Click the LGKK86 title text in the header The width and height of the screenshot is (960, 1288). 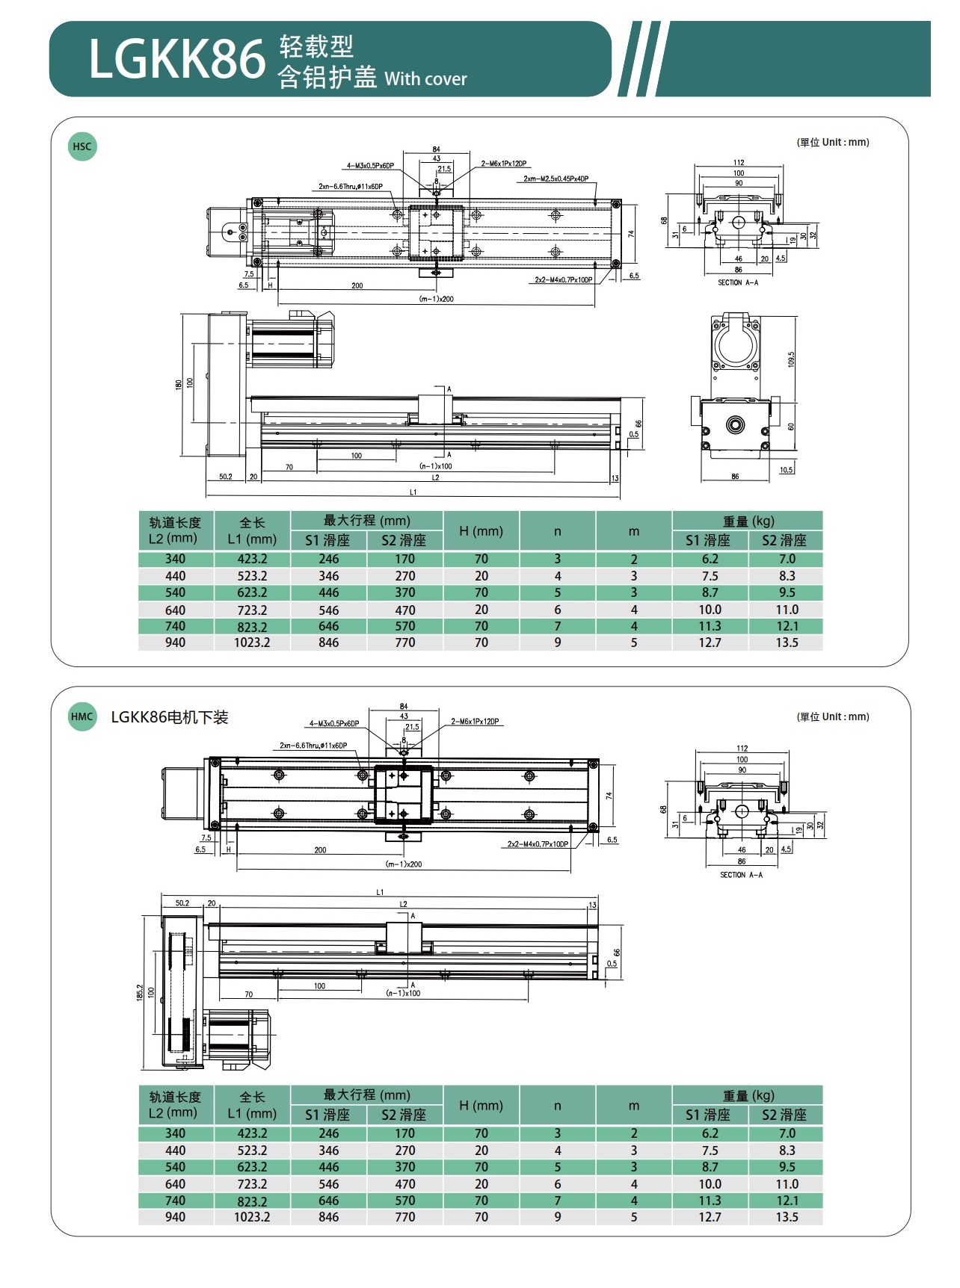[177, 59]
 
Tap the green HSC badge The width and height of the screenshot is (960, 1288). [82, 146]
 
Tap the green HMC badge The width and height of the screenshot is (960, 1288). [82, 716]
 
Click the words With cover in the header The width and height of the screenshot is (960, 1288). [425, 79]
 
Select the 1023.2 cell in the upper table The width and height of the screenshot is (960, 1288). [252, 643]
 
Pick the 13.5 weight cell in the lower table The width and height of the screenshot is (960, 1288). [787, 1217]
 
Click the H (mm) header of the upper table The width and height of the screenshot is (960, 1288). [481, 531]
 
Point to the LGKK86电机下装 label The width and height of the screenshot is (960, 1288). [170, 717]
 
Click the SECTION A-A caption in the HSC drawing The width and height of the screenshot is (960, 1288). [738, 282]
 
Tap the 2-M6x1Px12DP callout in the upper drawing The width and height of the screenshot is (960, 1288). [503, 164]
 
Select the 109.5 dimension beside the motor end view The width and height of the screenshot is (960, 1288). [791, 359]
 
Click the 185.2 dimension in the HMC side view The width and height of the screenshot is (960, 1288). [140, 992]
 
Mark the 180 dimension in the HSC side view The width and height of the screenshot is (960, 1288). [179, 384]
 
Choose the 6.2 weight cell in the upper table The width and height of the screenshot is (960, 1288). [710, 559]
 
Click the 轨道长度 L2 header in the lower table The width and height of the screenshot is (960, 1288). [175, 1105]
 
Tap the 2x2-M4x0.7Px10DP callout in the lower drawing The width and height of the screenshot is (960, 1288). [538, 844]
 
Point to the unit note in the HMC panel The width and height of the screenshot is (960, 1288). [833, 716]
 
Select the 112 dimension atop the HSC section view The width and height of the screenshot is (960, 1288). [739, 162]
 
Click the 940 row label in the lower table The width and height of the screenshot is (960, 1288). [175, 1217]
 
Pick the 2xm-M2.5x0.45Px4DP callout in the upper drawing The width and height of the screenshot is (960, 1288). [556, 179]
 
